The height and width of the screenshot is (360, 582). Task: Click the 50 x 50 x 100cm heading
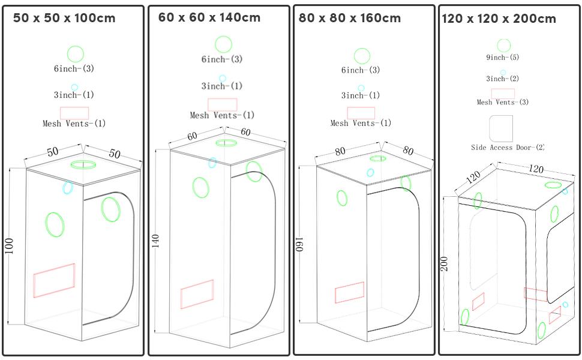pos(64,18)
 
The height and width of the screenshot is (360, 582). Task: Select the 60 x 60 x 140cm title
pos(209,17)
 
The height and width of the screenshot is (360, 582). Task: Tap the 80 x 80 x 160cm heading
pos(350,18)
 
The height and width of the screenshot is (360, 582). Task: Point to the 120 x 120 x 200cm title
pos(499,19)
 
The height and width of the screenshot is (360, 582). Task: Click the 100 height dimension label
pos(9,246)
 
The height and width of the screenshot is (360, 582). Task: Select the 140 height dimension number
pos(155,241)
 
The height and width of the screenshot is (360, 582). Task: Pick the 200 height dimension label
pos(445,264)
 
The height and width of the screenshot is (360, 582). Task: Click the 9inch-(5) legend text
pos(503,57)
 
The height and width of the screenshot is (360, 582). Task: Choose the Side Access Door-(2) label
pos(508,148)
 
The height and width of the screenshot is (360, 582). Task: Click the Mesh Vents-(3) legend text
pos(503,102)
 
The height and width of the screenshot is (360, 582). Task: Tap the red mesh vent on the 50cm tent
pos(54,280)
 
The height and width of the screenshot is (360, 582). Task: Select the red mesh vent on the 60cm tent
pos(197,295)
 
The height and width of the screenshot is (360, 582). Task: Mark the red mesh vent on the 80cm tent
pos(350,292)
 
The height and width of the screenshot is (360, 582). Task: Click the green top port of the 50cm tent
pos(83,164)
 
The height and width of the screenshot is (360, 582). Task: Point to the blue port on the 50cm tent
pos(68,188)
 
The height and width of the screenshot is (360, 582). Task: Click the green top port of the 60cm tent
pos(226,143)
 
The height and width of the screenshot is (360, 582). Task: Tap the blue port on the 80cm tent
pos(370,173)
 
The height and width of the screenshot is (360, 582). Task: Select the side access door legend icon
pos(501,128)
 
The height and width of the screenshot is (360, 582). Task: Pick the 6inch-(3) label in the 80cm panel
pos(361,70)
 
